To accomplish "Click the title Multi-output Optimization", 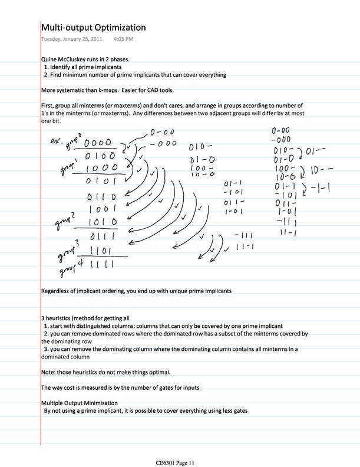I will click(93, 28).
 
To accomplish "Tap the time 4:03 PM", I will click(123, 40).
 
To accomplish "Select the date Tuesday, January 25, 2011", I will click(71, 40).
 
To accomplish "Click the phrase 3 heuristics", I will click(59, 317).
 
